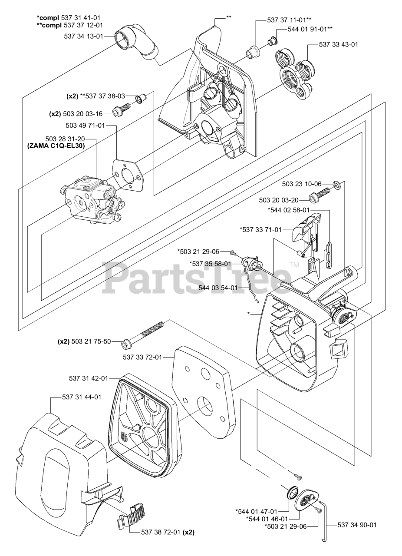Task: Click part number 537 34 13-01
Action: coord(83,36)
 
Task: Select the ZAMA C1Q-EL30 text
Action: coord(56,146)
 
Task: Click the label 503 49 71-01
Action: coord(85,126)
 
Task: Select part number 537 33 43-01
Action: coord(339,44)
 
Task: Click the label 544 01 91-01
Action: coord(310,29)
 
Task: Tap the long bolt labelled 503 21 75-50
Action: coord(144,334)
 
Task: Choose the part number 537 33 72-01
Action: coord(142,357)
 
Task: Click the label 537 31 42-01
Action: coord(88,378)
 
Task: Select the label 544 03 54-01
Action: coord(218,288)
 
